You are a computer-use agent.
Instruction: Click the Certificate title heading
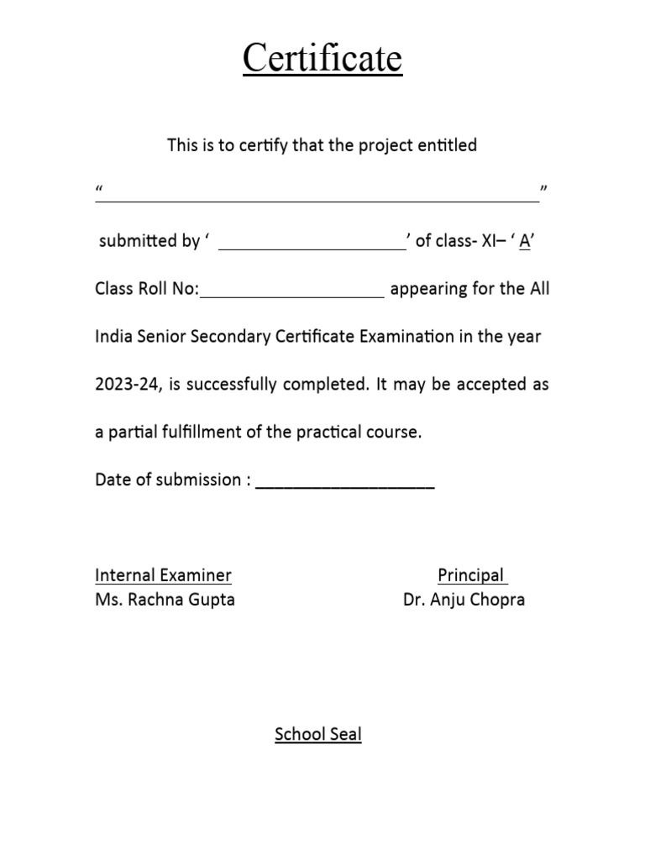[x=322, y=60]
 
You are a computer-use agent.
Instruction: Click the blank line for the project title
[x=317, y=198]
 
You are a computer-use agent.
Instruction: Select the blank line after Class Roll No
[x=292, y=295]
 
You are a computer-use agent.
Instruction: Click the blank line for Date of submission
[x=344, y=485]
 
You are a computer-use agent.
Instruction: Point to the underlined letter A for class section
[x=525, y=242]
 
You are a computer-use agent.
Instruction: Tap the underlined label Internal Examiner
[x=163, y=575]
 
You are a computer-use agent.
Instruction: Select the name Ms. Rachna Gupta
[x=165, y=600]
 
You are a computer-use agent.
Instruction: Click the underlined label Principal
[x=472, y=575]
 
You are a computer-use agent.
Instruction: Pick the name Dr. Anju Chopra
[x=464, y=600]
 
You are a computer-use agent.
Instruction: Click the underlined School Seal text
[x=317, y=735]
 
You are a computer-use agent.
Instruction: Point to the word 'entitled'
[x=447, y=145]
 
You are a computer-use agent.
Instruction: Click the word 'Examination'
[x=407, y=337]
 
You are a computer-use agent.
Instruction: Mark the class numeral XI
[x=489, y=242]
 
